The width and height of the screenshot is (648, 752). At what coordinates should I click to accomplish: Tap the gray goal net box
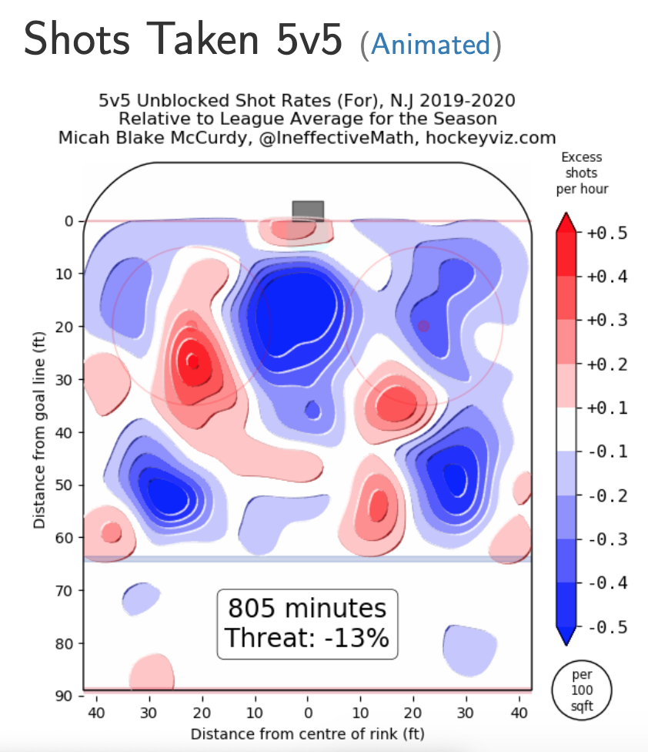tap(308, 210)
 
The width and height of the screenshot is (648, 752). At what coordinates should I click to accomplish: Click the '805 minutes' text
tap(307, 609)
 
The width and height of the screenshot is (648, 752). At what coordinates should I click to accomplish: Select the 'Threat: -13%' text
tap(307, 638)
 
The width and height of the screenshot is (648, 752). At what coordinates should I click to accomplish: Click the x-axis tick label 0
tap(308, 713)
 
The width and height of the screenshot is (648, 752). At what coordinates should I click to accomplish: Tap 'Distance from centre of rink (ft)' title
tap(308, 733)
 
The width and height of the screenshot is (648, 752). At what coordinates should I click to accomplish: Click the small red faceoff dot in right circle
tap(423, 326)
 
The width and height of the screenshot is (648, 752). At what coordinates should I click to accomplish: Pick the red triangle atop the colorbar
tap(566, 222)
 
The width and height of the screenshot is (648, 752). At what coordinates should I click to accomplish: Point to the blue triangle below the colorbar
tap(566, 634)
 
